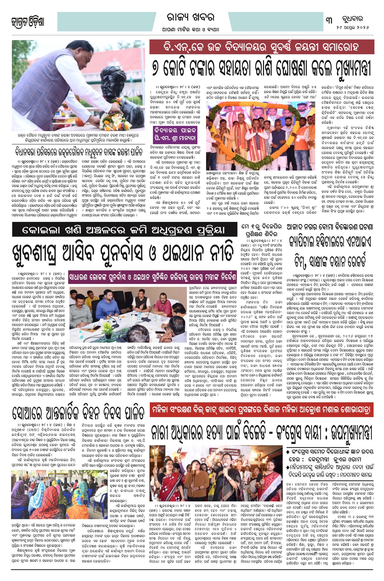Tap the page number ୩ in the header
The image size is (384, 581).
coord(329,21)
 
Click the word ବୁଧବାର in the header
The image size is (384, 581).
coord(353,19)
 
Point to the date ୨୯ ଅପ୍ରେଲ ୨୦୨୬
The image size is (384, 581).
coord(353,27)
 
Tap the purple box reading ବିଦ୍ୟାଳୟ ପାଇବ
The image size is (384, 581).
coord(175,130)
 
